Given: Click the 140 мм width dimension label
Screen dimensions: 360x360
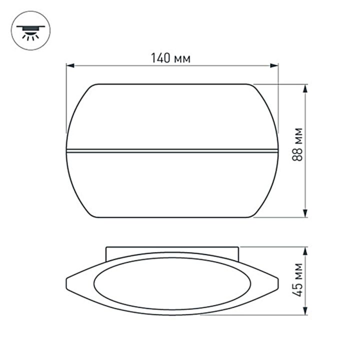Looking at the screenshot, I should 171,58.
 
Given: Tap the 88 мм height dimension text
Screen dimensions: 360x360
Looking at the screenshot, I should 298,151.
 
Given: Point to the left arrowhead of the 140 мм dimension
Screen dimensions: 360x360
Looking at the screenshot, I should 70,65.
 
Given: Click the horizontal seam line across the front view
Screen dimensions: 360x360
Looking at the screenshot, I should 171,149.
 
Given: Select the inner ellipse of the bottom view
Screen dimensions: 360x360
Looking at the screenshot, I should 171,283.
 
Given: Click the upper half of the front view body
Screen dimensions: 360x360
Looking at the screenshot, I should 171,116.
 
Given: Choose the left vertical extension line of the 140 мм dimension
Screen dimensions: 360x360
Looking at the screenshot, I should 66,100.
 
